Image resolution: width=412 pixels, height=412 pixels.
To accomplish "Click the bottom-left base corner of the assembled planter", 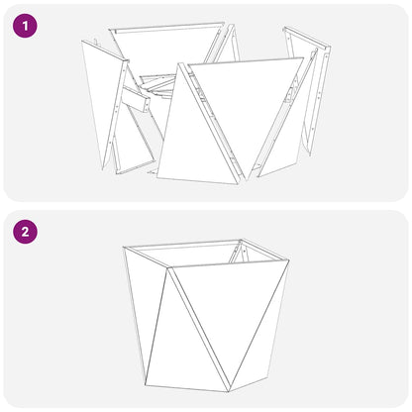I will pyautogui.click(x=147, y=382).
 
